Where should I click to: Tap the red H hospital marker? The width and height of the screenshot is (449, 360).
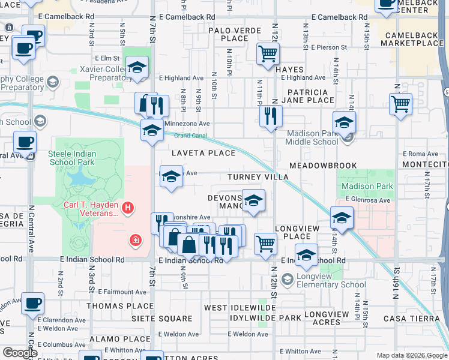click(127, 208)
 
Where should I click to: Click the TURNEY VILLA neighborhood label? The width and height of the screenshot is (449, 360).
click(258, 177)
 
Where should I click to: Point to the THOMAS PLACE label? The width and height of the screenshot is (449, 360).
click(120, 306)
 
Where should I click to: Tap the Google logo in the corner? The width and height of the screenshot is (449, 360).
click(19, 353)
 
